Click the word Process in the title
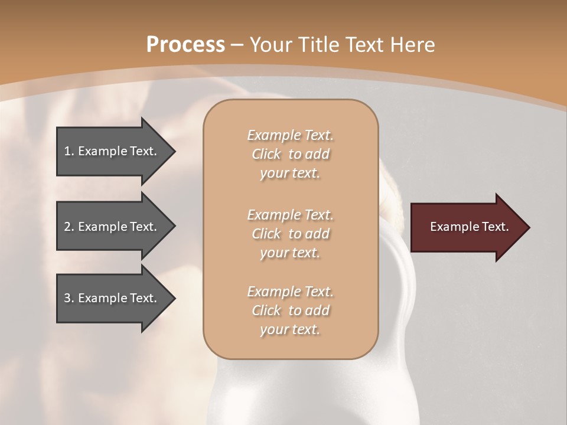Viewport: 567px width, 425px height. (x=185, y=45)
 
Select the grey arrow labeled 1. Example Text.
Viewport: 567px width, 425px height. (x=112, y=151)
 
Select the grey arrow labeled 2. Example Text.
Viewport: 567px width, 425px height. (x=112, y=227)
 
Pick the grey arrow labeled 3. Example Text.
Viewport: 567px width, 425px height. (x=112, y=298)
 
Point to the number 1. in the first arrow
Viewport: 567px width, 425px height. (x=69, y=151)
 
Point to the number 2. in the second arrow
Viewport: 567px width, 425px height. (x=69, y=227)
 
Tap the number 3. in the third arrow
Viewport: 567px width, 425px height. (x=69, y=298)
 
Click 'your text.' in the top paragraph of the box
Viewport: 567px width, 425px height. (x=290, y=174)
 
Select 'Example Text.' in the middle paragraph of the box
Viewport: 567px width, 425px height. (x=290, y=214)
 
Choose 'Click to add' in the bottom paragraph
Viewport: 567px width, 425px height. (x=290, y=310)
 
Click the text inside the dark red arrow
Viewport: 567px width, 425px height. (x=469, y=227)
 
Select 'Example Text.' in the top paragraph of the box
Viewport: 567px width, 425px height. (x=290, y=135)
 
